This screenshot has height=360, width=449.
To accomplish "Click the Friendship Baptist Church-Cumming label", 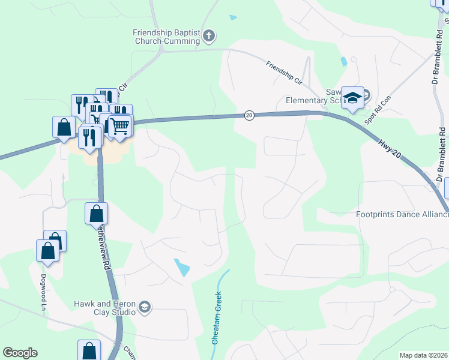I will pyautogui.click(x=166, y=37).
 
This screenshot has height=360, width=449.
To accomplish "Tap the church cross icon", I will pyautogui.click(x=208, y=37).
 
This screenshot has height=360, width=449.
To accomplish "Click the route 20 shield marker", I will pyautogui.click(x=249, y=115).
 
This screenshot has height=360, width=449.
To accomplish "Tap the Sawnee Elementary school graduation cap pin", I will pyautogui.click(x=353, y=98).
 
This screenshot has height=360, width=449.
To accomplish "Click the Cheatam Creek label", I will pyautogui.click(x=217, y=317).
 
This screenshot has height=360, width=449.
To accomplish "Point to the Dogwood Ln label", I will pyautogui.click(x=43, y=289).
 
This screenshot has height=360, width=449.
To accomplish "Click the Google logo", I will pyautogui.click(x=20, y=353).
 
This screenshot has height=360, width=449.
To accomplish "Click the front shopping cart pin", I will pyautogui.click(x=119, y=127).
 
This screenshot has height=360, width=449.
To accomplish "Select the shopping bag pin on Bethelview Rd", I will pyautogui.click(x=96, y=213).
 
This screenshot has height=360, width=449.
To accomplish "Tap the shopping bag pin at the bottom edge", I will pyautogui.click(x=89, y=350).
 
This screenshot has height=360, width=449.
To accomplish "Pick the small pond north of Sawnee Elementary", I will pyautogui.click(x=343, y=61).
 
